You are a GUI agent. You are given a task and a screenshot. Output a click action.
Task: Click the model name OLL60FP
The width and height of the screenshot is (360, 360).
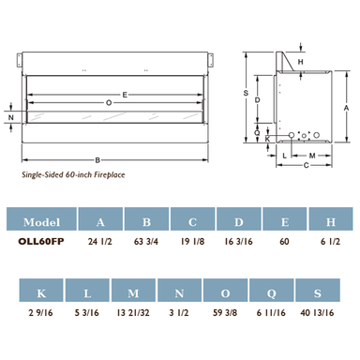click(41, 242)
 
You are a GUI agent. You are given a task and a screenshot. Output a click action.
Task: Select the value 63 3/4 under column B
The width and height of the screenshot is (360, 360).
click(146, 242)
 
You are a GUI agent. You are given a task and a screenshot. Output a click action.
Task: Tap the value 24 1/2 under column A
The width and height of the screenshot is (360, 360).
click(100, 242)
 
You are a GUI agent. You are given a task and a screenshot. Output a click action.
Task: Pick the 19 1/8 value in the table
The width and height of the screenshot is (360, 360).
click(192, 242)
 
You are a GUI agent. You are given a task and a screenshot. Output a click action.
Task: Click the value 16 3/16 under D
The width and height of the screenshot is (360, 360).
click(238, 242)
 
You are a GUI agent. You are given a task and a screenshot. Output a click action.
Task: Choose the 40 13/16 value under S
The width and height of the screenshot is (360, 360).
click(317, 312)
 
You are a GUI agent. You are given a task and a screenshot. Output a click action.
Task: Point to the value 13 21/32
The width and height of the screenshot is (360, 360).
click(133, 312)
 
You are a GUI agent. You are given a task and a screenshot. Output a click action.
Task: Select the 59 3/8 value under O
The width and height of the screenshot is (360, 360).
click(225, 312)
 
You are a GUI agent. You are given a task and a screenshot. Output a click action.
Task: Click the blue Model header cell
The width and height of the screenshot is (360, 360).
click(41, 218)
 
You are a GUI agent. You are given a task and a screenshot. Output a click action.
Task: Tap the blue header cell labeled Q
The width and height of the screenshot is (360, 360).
click(271, 291)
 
